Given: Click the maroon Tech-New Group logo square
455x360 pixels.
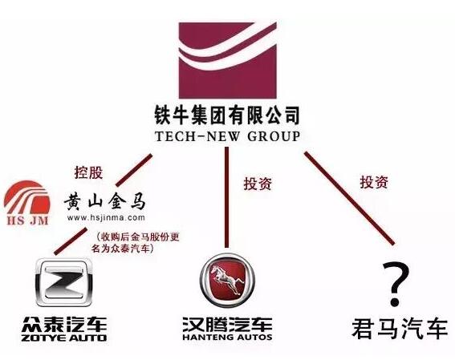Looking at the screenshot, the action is (228, 60).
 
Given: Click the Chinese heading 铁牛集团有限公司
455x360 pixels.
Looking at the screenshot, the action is (227, 115).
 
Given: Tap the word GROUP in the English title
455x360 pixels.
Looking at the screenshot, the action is (274, 136).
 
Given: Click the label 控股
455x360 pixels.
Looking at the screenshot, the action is (89, 172).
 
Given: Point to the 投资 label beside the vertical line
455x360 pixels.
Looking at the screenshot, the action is (258, 184).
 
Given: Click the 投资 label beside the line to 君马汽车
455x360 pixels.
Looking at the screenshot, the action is (374, 182).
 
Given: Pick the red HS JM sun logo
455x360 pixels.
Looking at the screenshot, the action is (26, 203).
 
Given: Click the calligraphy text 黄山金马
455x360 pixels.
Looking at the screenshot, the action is (105, 201).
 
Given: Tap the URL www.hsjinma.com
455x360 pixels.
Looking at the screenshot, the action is (106, 217).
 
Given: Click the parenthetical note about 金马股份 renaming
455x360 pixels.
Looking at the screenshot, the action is (136, 242).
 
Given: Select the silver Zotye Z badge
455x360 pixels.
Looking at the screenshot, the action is (64, 282).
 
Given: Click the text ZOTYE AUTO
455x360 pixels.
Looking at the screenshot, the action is (64, 338).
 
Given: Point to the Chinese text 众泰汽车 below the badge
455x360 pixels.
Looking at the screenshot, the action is (64, 325).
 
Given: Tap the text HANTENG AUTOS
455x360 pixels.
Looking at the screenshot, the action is (227, 337).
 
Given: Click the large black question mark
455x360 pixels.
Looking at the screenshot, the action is (396, 283).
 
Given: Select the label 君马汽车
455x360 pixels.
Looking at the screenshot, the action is (400, 329).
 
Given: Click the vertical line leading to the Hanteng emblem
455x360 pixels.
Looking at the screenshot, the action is (226, 197).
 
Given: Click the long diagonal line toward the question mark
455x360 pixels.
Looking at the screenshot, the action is (349, 198).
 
